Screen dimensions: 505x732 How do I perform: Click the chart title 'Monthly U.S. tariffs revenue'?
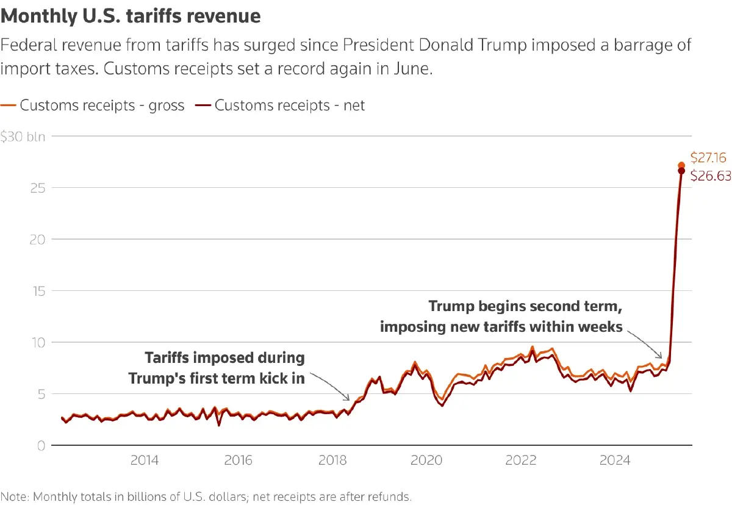click(131, 16)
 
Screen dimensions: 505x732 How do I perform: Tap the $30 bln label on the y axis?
click(23, 136)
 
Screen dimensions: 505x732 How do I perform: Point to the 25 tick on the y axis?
click(37, 188)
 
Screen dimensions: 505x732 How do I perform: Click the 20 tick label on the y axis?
click(37, 239)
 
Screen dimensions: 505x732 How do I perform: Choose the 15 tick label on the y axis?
click(38, 291)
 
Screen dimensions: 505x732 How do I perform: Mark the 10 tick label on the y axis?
click(38, 342)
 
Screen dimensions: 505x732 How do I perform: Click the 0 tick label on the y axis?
click(41, 445)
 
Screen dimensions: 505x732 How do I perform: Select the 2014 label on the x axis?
click(145, 460)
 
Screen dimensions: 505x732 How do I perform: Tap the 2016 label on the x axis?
click(239, 460)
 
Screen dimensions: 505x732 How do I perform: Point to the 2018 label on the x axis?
click(332, 460)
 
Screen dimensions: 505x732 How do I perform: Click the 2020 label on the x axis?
click(427, 460)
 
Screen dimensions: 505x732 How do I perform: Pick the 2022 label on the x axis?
click(521, 460)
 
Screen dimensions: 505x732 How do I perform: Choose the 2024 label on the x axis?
click(615, 460)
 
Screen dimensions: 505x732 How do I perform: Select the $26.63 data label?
click(709, 176)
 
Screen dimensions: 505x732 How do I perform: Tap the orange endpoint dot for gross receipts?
click(681, 165)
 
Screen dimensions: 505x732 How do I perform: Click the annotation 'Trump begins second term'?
click(525, 306)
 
